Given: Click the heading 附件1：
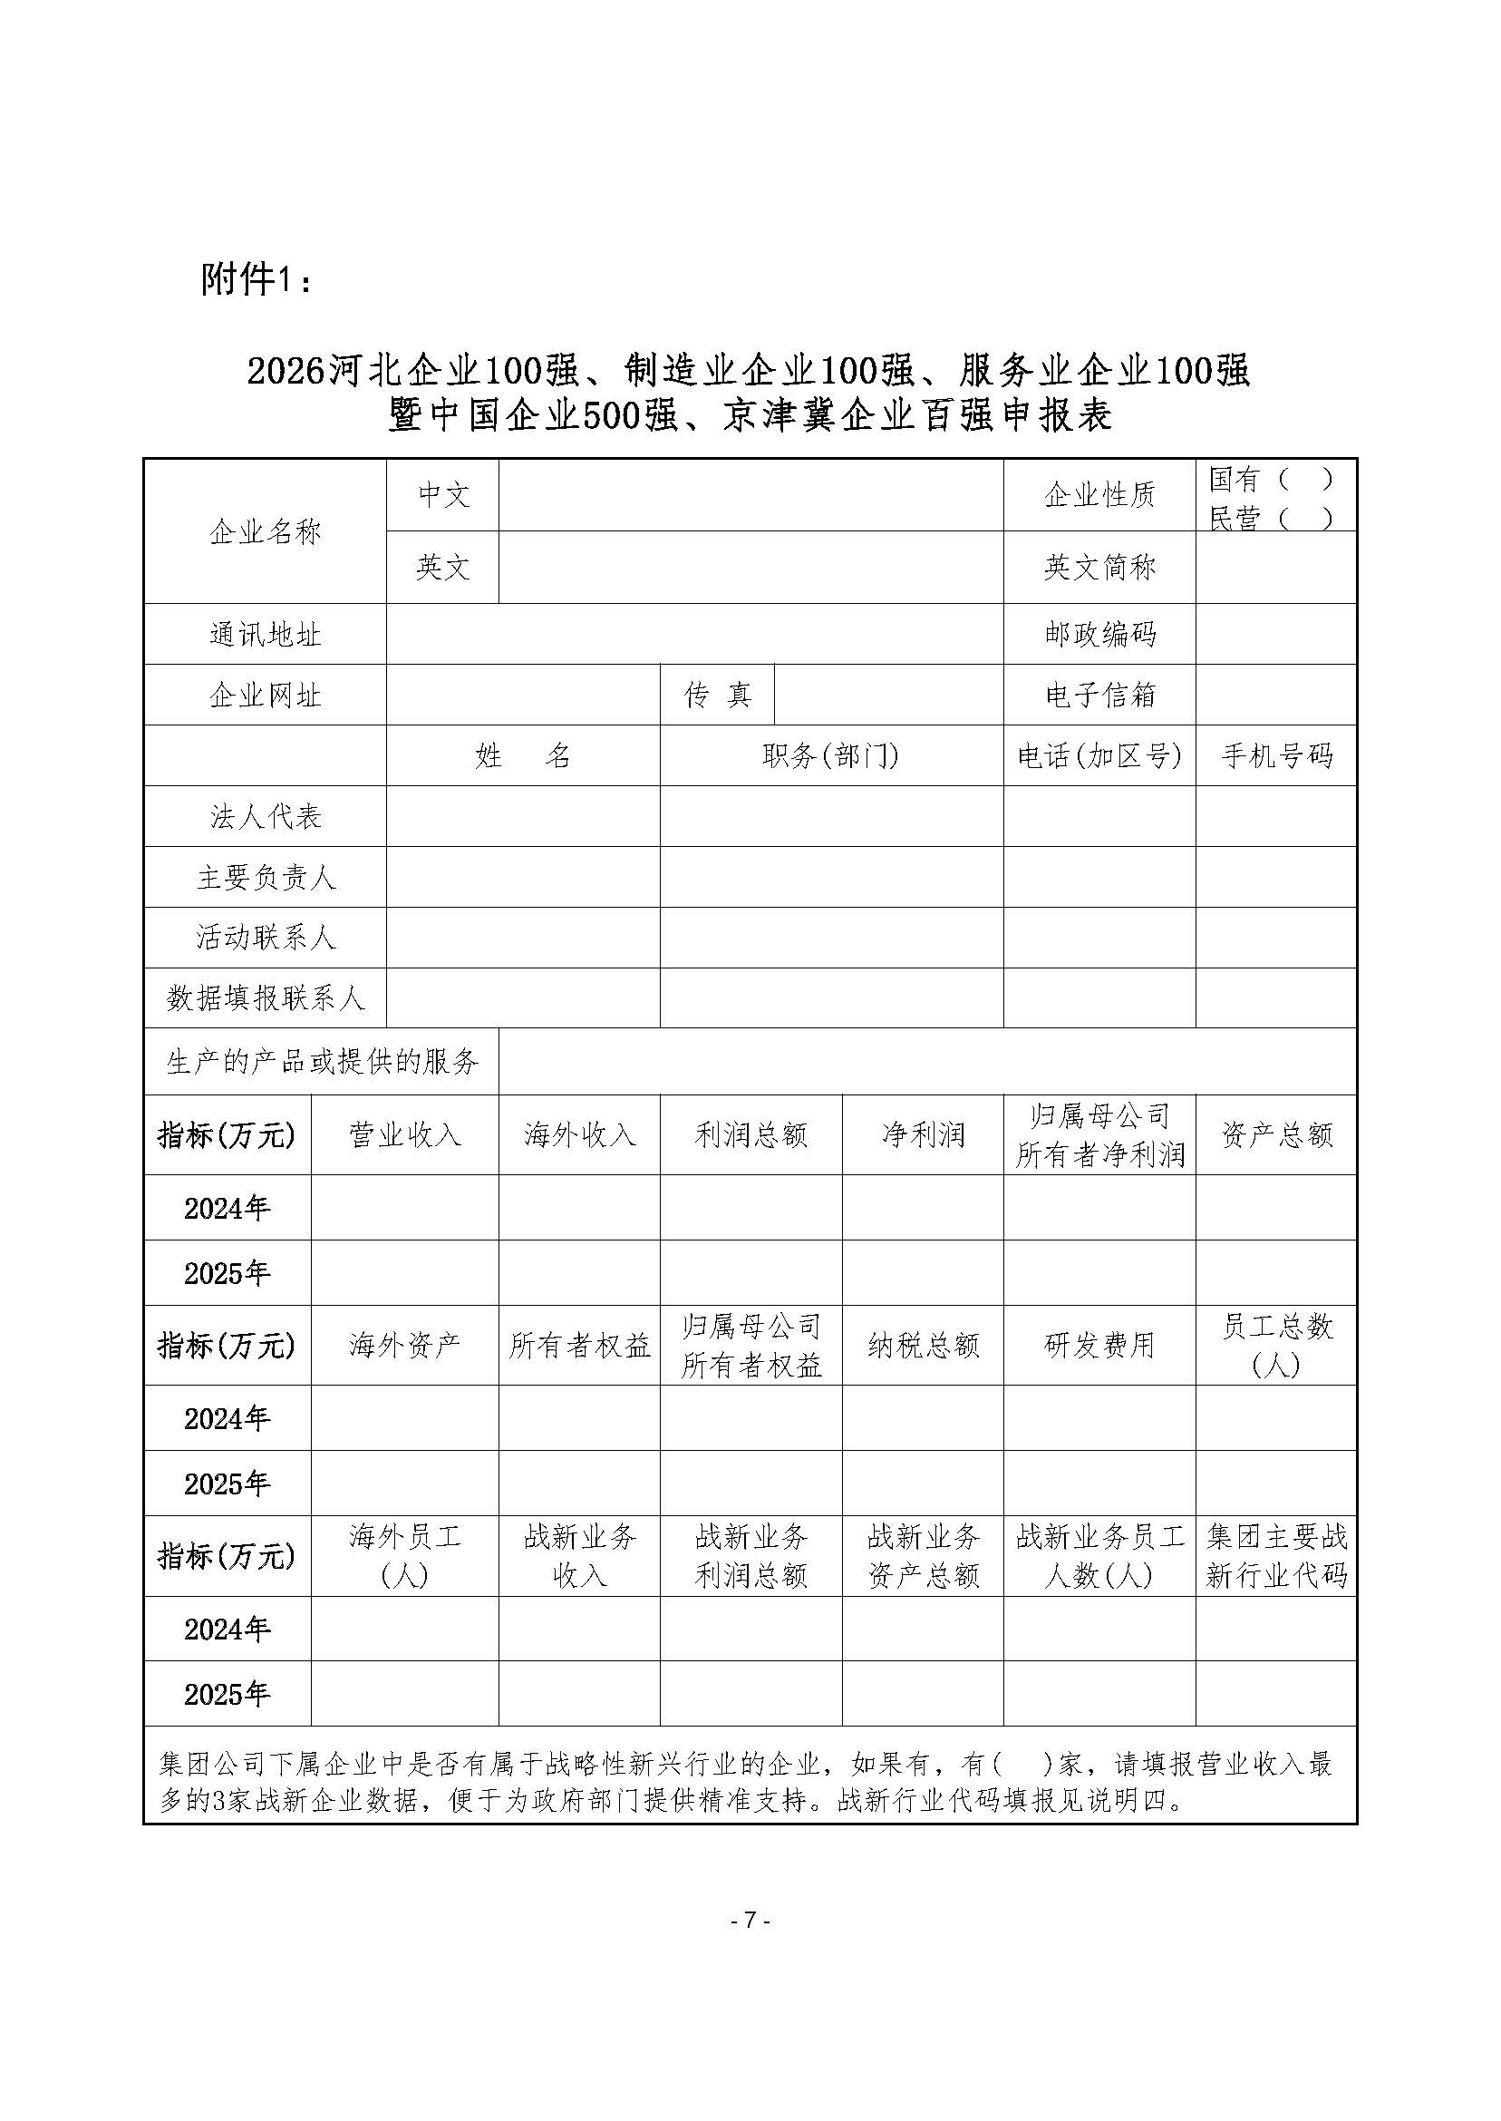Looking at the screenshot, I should [257, 279].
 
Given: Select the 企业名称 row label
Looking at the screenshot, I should [265, 531].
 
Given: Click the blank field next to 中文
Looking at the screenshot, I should [750, 496].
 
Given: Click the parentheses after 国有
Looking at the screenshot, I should [1304, 479].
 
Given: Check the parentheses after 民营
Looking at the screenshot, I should [1304, 519].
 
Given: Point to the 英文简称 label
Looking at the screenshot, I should [1099, 568].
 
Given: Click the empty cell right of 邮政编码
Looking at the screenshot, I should [1275, 634].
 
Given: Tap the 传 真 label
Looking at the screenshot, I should [717, 696].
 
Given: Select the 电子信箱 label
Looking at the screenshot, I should [1099, 696].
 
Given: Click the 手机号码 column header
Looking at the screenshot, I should [1275, 756].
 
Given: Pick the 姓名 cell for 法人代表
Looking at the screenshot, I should [523, 816].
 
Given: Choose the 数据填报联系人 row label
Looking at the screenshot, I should [265, 998].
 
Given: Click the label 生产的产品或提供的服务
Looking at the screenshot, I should [322, 1063].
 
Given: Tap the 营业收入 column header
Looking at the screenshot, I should [405, 1135].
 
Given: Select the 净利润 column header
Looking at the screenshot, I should [923, 1135].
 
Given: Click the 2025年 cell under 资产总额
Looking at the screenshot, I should [1275, 1273].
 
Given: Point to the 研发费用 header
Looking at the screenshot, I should [1099, 1346].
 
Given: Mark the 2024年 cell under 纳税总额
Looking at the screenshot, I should [923, 1418].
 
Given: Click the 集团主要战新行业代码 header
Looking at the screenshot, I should [1275, 1556].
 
